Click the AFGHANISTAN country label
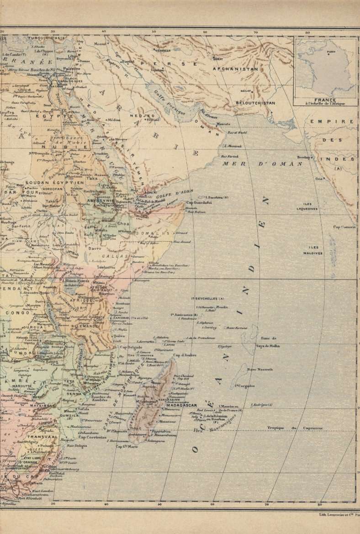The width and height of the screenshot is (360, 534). coord(235,69)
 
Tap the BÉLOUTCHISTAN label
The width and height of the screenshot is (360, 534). coord(255,103)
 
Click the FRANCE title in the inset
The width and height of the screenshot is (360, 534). coord(325,100)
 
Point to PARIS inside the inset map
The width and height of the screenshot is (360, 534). coord(330,52)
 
